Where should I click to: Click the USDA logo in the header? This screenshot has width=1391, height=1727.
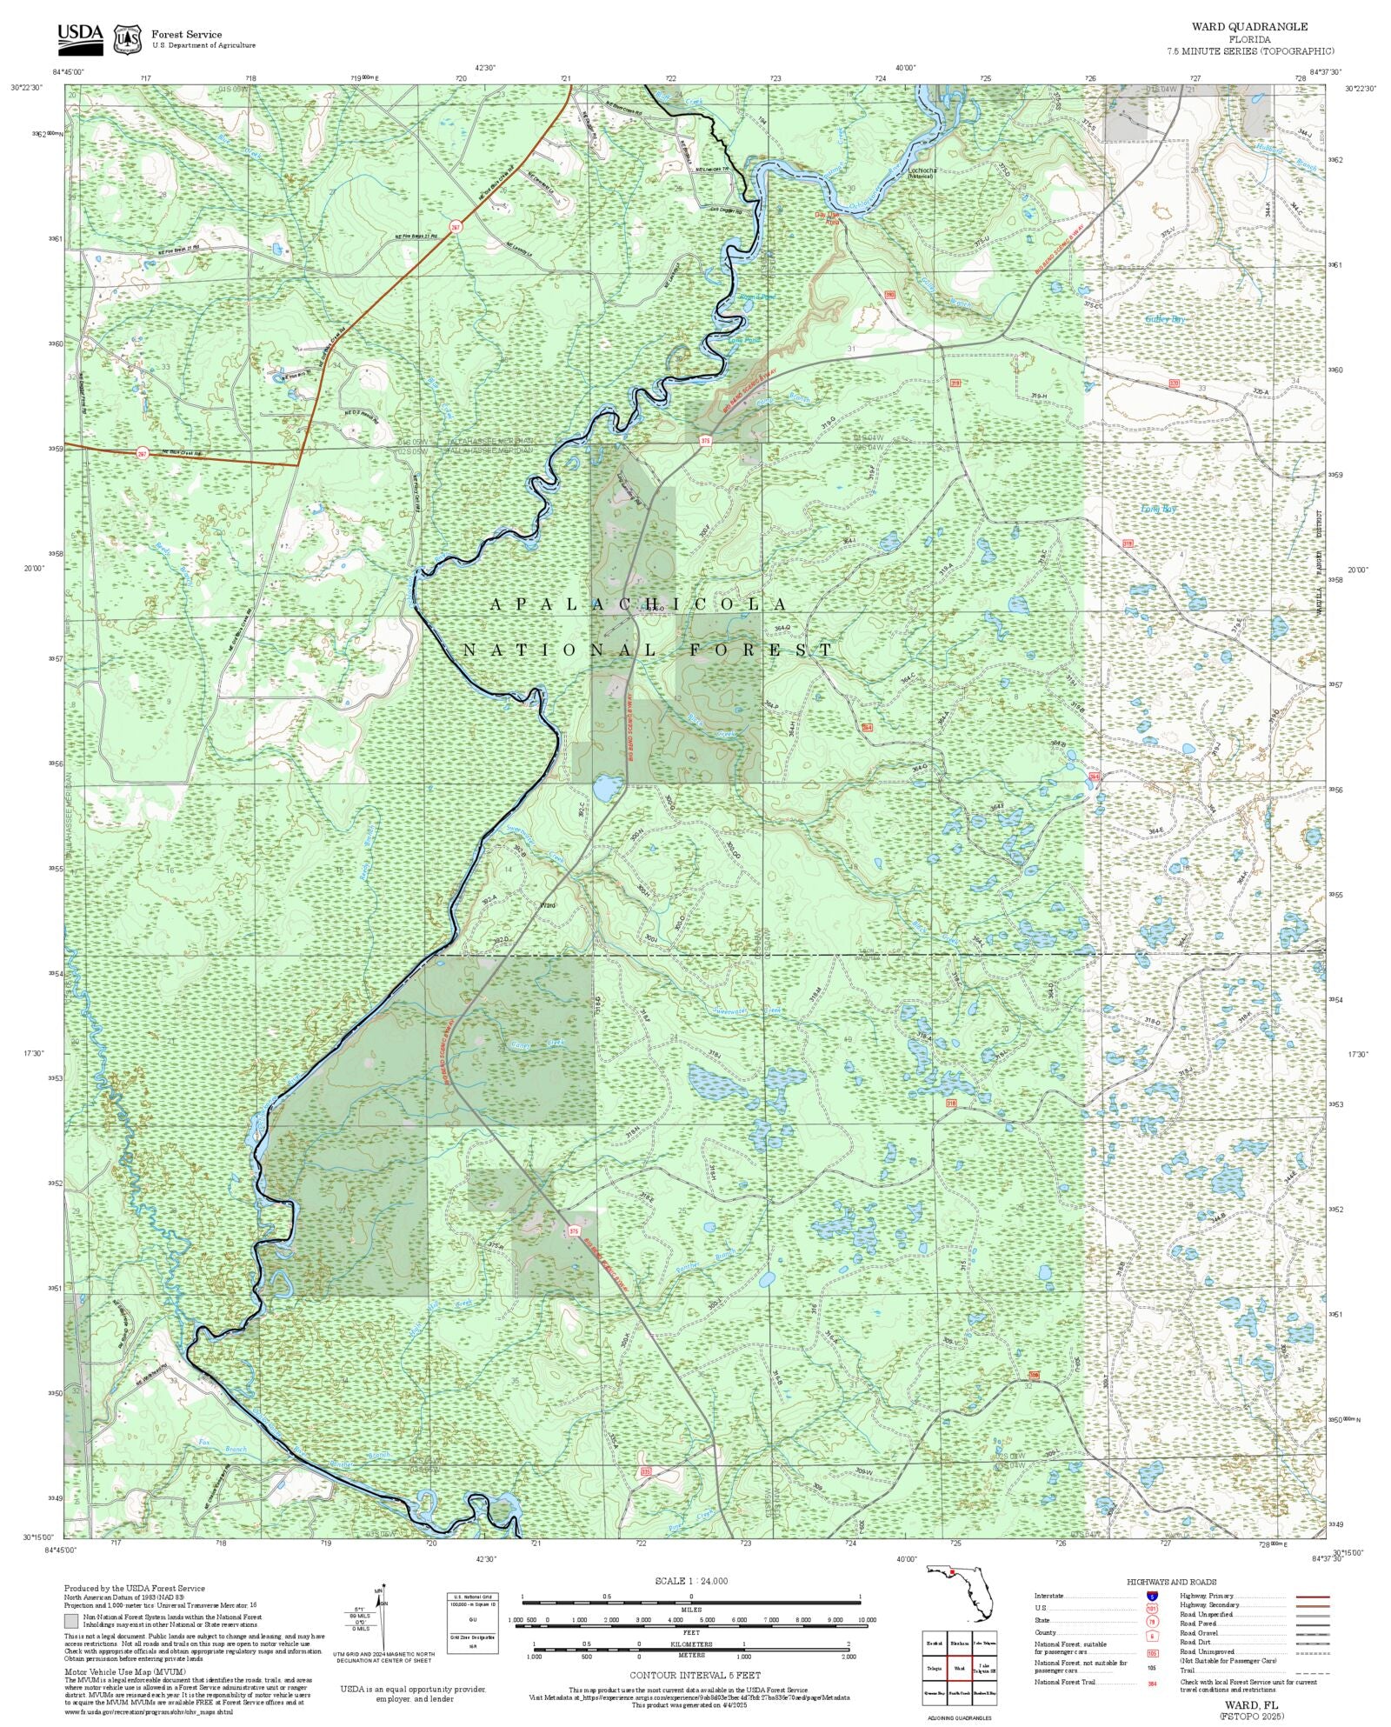(80, 37)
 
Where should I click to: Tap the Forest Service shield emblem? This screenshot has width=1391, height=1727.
(128, 38)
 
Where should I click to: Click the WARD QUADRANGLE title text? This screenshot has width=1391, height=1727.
(1249, 27)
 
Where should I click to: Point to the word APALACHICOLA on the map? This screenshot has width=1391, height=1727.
(640, 603)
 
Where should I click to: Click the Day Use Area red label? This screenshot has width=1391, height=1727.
(828, 217)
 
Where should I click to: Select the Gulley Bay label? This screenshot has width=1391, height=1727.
(1164, 319)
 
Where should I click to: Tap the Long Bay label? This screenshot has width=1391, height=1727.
(1159, 509)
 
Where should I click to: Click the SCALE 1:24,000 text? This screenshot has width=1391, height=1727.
(691, 1581)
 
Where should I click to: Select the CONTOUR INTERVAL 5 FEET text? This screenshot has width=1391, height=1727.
(695, 1675)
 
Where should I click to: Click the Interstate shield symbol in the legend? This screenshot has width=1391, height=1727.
(1152, 1596)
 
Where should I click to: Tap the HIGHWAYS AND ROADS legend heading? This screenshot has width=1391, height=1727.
(1171, 1582)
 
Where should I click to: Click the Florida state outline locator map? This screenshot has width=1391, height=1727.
(961, 1591)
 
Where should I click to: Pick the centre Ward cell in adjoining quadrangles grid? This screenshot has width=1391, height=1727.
(959, 1669)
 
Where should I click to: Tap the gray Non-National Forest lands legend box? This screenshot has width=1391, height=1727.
(70, 1620)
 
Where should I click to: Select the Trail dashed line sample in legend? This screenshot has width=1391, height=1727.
(1312, 1670)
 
